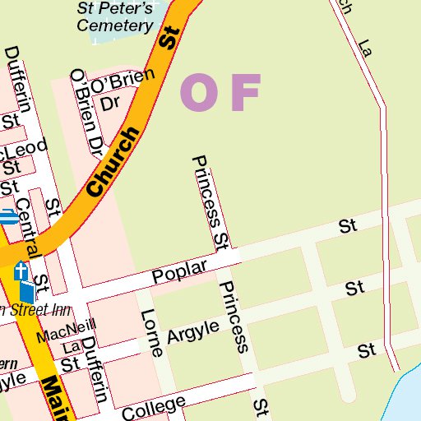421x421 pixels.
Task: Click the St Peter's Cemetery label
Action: [x=115, y=17]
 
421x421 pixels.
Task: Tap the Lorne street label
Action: [x=151, y=332]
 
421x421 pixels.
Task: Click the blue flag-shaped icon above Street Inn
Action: [x=27, y=291]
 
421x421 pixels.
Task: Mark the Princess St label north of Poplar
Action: [x=210, y=201]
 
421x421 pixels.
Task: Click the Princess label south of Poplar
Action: [x=233, y=316]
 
